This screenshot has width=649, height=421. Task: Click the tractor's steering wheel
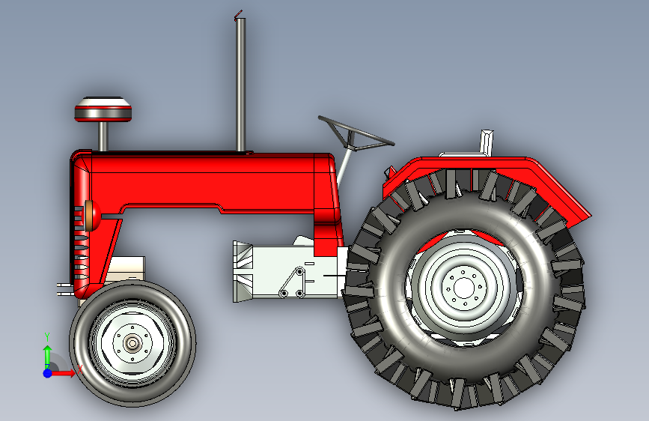tap(356, 133)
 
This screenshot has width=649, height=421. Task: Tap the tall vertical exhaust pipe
tap(240, 82)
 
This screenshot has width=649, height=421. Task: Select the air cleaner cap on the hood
tap(103, 109)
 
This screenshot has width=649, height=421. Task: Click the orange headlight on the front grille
tap(91, 216)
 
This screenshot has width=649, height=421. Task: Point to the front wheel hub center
tap(132, 343)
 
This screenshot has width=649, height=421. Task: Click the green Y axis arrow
tap(46, 354)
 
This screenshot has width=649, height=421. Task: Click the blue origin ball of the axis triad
tap(47, 372)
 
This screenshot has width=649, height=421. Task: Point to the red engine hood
tap(210, 180)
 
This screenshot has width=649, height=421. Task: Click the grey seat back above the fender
tap(487, 142)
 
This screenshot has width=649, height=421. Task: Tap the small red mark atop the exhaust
tap(238, 14)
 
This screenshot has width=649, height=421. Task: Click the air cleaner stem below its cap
tap(103, 136)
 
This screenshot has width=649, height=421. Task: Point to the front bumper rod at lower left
tap(64, 288)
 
